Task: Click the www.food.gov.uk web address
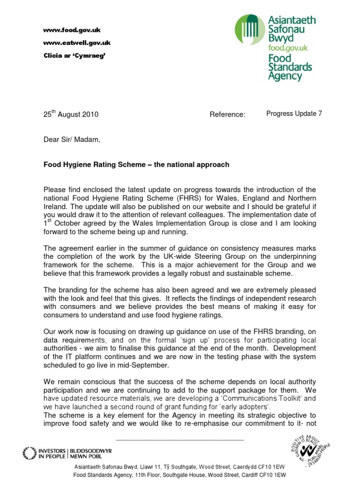point(72,30)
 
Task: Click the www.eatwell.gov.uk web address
point(76,43)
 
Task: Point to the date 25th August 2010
point(71,114)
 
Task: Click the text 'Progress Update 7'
point(294,113)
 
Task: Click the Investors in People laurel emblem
point(29,453)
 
